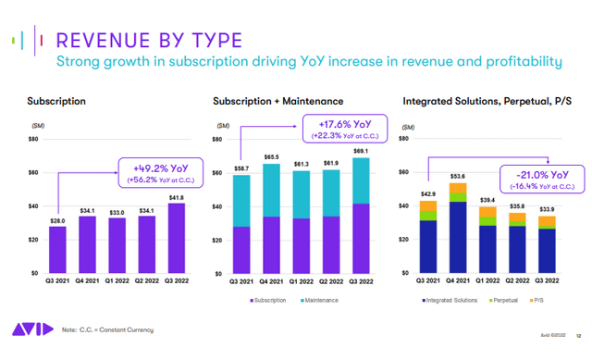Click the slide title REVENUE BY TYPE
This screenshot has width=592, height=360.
click(149, 41)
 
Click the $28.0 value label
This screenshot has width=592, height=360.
click(58, 219)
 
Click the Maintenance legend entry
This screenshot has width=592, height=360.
click(330, 302)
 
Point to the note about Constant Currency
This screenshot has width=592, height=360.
click(107, 330)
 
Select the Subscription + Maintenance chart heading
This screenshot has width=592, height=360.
click(277, 100)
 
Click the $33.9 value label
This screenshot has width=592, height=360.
click(549, 209)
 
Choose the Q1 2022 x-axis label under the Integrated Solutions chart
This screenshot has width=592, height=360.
click(487, 281)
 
